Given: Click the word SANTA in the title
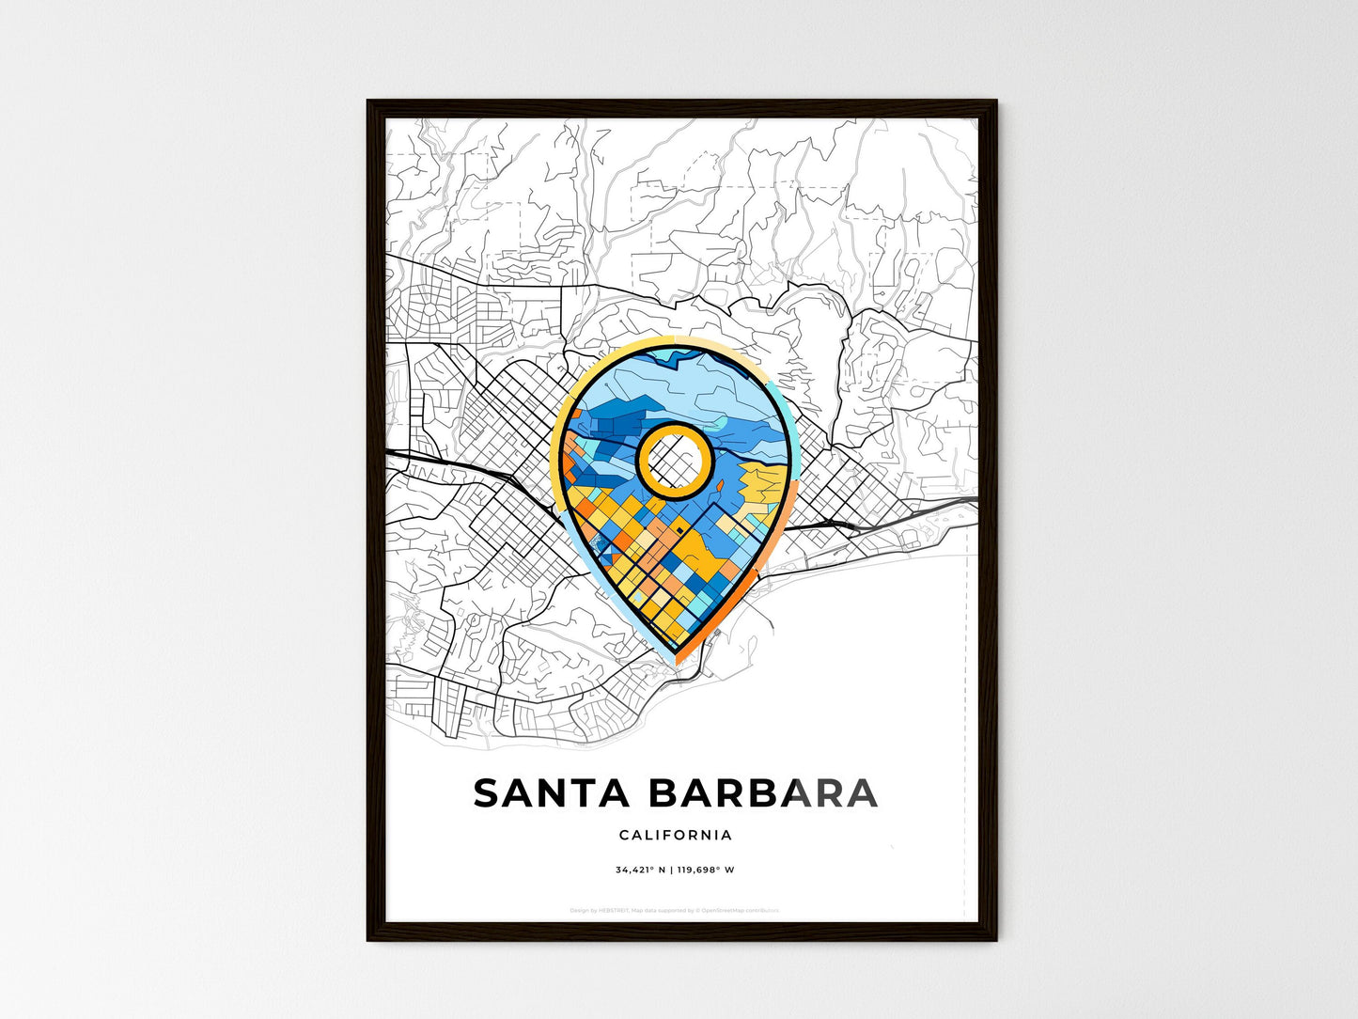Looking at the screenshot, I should (x=551, y=793).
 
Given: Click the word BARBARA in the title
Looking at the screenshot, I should (x=763, y=793).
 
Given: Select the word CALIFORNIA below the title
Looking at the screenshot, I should (x=676, y=835).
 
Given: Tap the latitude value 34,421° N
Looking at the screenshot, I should (x=640, y=870).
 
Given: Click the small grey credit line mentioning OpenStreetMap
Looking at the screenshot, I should (x=675, y=910).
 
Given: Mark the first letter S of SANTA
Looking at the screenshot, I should (x=490, y=793).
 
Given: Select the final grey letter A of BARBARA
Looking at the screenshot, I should (x=861, y=793).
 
